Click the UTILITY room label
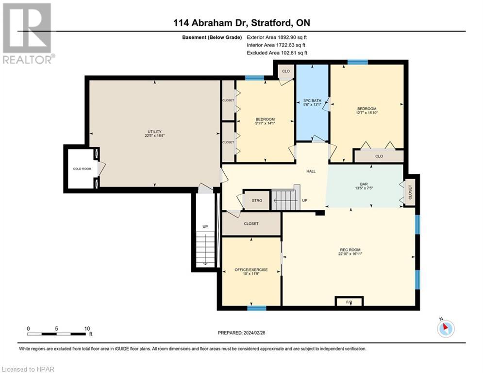155,132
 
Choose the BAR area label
364,184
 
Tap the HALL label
311,171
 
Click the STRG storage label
257,200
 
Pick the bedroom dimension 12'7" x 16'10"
367,114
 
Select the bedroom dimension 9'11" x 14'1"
265,124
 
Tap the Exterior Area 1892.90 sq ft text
277,37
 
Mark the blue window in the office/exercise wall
256,308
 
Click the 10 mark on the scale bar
86,328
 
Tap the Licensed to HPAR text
28,369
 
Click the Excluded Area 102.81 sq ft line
277,52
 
